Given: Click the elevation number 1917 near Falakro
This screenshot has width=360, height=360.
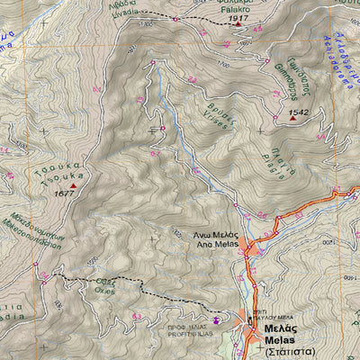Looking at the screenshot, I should [x=238, y=18].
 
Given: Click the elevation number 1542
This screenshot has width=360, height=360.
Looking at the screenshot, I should [x=298, y=112].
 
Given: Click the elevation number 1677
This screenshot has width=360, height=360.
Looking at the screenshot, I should [x=63, y=193].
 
